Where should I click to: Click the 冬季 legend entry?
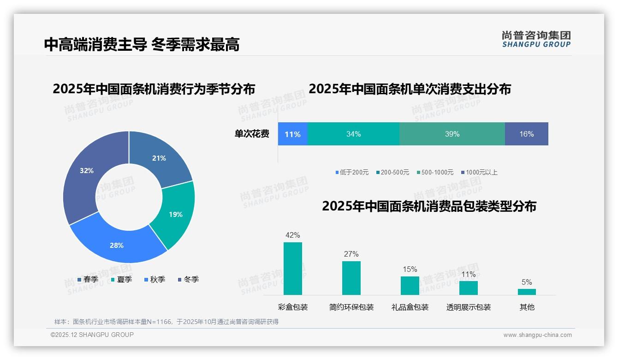click(188, 280)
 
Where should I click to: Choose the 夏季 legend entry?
click(121, 280)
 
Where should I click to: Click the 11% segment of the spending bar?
click(292, 134)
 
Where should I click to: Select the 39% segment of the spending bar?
click(452, 134)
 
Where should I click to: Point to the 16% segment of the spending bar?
click(526, 134)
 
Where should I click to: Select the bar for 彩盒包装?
click(293, 269)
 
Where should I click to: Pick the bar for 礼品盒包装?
click(410, 286)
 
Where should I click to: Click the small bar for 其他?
click(527, 292)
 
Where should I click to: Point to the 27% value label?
click(351, 254)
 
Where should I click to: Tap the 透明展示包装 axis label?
click(468, 307)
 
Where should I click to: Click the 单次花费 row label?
click(252, 134)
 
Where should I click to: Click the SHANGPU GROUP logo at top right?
click(536, 39)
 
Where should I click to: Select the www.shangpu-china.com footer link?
click(537, 335)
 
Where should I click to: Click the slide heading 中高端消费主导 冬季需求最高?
click(142, 45)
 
